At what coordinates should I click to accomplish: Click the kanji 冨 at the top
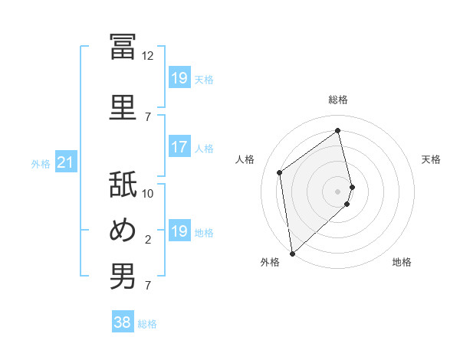123,47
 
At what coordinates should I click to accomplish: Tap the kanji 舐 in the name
123,184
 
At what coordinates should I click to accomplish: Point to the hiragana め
123,230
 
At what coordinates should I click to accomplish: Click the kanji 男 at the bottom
123,276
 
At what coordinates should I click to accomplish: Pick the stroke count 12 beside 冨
147,56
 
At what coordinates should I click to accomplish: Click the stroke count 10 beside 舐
147,194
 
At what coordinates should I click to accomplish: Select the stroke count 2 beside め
148,240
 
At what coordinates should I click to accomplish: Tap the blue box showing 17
180,146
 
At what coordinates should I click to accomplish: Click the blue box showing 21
66,162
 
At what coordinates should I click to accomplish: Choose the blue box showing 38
123,321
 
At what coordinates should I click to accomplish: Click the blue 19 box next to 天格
180,77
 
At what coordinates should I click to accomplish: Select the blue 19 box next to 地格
180,230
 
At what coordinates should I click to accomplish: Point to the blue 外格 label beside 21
41,164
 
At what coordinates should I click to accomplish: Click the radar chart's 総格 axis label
338,100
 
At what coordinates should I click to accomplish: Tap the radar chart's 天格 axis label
431,159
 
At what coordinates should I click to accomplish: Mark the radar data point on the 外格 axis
293,254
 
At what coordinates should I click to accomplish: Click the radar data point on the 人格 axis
280,172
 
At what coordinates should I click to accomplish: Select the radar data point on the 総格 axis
337,130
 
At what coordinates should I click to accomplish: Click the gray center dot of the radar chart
337,191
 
